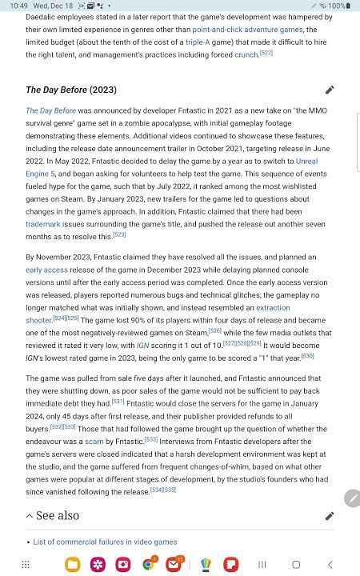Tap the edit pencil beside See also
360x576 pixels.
tap(330, 516)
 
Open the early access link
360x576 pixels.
tap(46, 270)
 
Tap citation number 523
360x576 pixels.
tap(119, 235)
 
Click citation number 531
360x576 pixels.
tap(118, 402)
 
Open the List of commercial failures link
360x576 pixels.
tap(106, 542)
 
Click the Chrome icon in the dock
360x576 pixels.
tap(148, 564)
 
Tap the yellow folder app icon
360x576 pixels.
tap(74, 564)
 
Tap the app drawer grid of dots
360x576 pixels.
tap(26, 564)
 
